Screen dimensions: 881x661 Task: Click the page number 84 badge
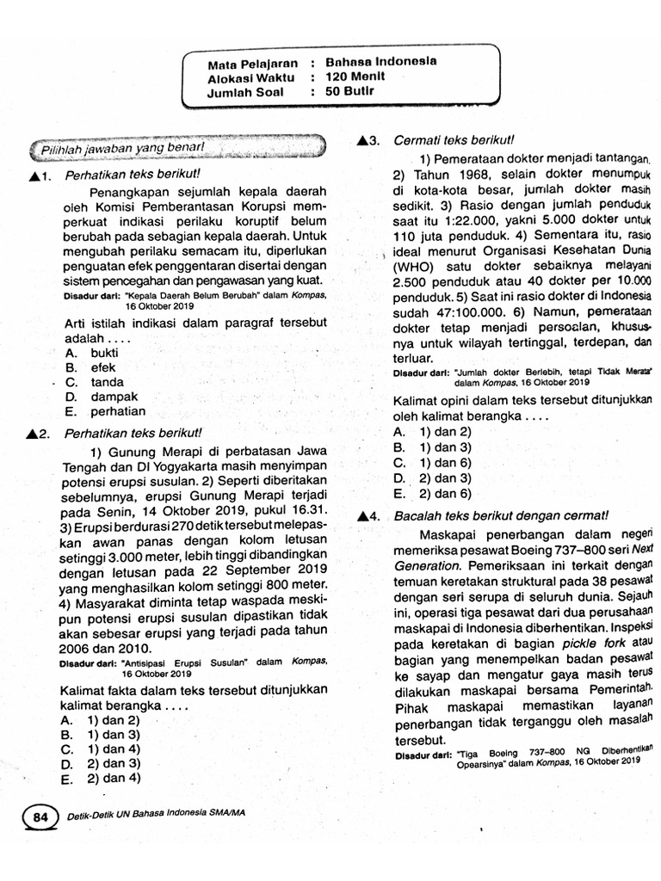pos(40,818)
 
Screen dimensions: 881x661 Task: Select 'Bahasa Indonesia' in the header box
pos(380,62)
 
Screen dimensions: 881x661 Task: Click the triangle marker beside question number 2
pos(34,431)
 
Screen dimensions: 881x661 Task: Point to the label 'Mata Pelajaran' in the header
pos(250,64)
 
